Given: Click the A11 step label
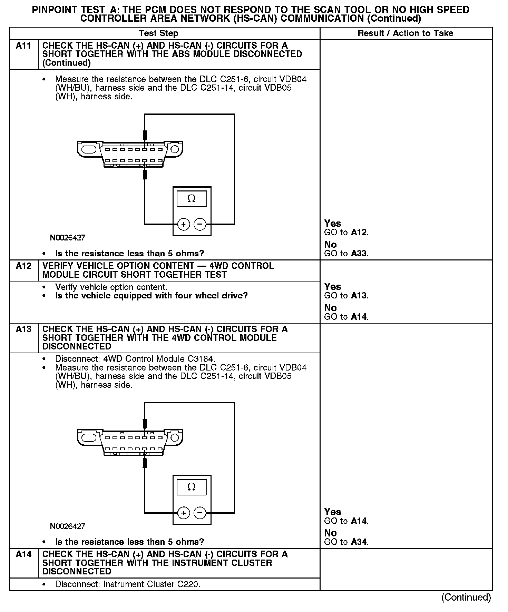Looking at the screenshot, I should coord(23,46).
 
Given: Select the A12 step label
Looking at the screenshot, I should coord(23,266).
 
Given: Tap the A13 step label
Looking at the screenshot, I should coord(23,329).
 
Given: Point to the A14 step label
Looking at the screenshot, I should coord(23,554).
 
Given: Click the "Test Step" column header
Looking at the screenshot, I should coord(158,33).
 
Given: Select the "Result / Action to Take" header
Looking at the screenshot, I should coord(405,33).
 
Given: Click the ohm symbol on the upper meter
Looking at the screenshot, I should coord(192,199).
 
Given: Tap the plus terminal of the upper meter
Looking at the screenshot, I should coord(183,225).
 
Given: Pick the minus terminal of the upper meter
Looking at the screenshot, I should coord(200,225).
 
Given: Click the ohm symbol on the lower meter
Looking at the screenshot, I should coord(192,487).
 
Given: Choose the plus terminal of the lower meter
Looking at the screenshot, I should coord(183,513).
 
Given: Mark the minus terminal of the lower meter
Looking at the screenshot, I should coord(200,513).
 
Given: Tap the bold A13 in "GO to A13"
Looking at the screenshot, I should coord(359,296).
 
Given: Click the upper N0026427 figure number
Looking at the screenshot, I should coord(68,238).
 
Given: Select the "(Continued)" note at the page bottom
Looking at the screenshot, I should coord(466,598).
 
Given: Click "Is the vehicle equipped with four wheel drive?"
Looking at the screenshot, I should coord(152,296).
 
